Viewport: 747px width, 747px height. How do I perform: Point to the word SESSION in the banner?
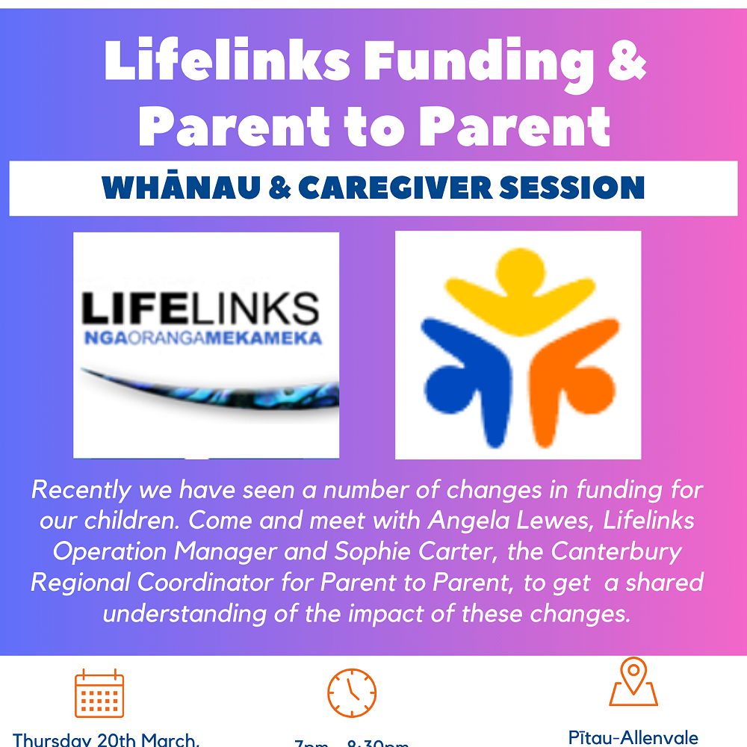click(571, 187)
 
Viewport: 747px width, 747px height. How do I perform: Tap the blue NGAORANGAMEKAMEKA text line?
click(202, 338)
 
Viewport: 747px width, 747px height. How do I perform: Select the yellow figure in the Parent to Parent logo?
click(515, 288)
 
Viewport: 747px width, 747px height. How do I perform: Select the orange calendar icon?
click(99, 693)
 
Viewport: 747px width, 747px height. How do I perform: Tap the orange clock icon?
click(352, 693)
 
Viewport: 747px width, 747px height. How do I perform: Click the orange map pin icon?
click(633, 681)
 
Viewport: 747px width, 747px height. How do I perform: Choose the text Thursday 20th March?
click(106, 740)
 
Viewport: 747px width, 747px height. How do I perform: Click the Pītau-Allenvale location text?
click(633, 737)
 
